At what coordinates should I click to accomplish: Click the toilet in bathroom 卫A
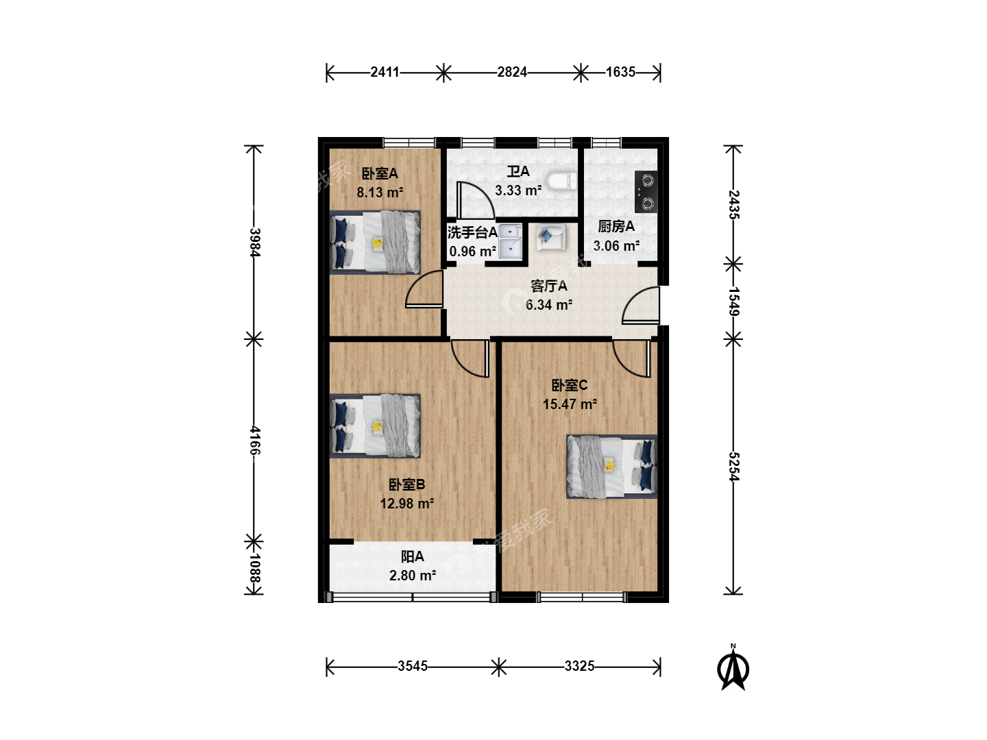pos(561,181)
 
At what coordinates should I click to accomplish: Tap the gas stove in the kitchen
pos(646,192)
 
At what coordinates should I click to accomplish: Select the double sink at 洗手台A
pos(511,242)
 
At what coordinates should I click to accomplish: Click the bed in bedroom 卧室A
pos(375,242)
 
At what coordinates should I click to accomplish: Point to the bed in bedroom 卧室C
pos(611,467)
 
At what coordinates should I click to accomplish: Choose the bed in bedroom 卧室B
pos(375,426)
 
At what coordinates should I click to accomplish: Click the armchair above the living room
pos(550,238)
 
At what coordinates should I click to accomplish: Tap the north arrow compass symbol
pos(733,667)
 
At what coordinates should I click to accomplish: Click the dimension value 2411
pos(385,72)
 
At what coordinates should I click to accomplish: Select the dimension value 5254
pos(733,467)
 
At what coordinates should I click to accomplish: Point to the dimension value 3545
pos(413,666)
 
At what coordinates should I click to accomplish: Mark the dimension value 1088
pos(254,568)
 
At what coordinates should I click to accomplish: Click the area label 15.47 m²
pos(570,404)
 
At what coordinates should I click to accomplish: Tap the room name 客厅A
pos(548,286)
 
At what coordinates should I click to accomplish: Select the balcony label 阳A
pos(413,556)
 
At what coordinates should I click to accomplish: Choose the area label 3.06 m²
pos(616,246)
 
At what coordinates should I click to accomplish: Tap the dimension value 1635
pos(620,72)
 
